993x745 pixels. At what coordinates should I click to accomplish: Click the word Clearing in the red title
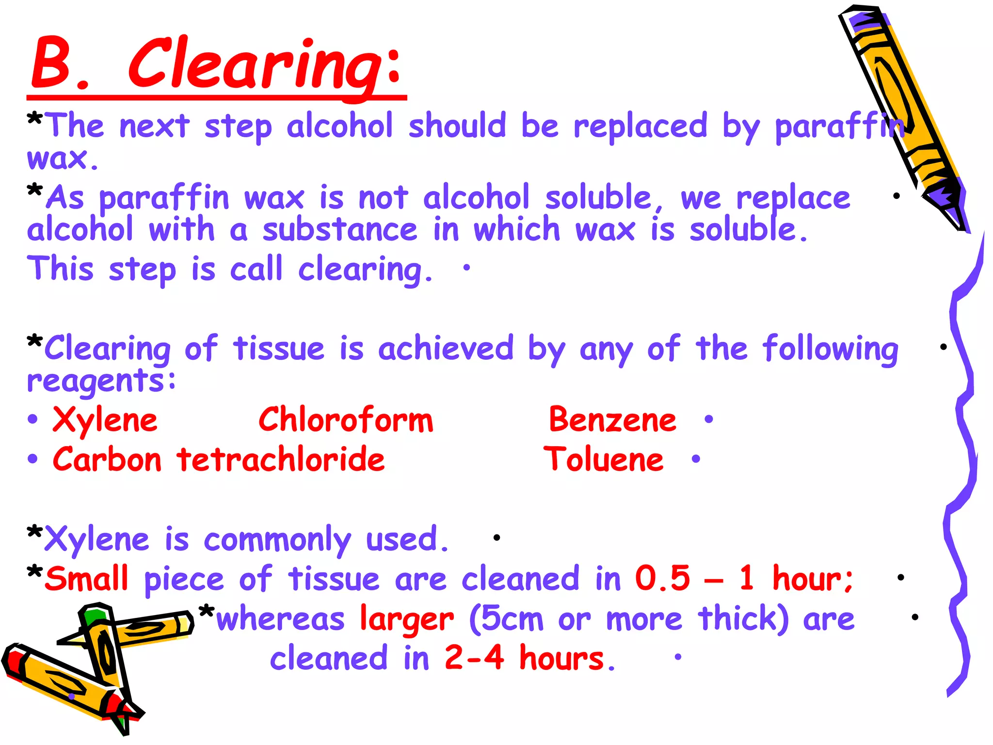point(264,65)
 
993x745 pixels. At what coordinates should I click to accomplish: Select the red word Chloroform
point(346,420)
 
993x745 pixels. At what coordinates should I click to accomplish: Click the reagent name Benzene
point(612,420)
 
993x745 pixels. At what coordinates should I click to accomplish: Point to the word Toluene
point(603,459)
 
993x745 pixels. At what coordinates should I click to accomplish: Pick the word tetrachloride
point(281,459)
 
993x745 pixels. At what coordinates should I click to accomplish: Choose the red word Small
point(87,579)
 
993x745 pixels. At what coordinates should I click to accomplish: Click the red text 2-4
point(474,658)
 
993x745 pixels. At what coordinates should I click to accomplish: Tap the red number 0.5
point(662,579)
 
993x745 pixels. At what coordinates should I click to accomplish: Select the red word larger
point(407,619)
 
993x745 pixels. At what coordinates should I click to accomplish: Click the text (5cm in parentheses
point(506,619)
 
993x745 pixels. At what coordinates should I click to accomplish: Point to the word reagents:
point(101,382)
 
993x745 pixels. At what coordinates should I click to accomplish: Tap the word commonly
point(277,540)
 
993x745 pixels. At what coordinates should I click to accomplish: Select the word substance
point(339,229)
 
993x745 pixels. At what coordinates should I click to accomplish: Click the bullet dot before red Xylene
point(32,419)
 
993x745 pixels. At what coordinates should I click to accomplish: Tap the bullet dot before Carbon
point(32,459)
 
